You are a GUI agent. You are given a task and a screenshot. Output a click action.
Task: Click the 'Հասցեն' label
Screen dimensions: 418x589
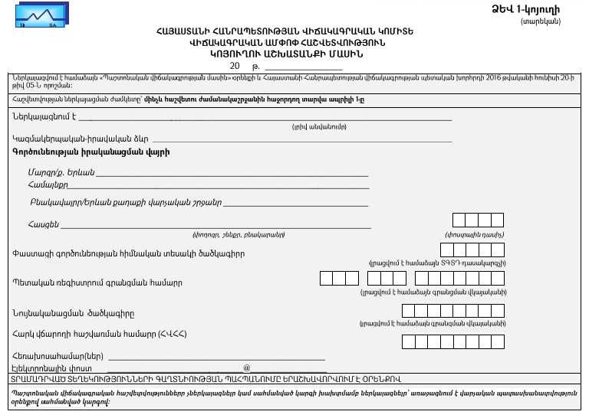[42, 224]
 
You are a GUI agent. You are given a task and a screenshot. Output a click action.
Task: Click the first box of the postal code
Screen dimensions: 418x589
[459, 220]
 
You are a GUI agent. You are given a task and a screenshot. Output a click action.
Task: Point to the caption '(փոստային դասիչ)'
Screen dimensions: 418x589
[474, 234]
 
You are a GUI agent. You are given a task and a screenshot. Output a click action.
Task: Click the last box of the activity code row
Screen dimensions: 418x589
[497, 250]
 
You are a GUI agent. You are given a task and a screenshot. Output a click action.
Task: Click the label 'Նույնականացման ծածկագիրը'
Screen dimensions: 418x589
[74, 312]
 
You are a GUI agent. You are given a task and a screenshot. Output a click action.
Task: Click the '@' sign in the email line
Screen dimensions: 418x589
[246, 368]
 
